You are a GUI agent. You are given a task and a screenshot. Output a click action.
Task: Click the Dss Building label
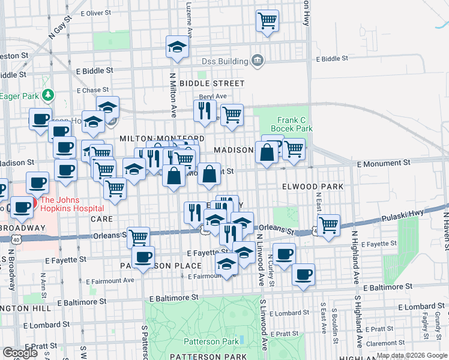tap(224, 61)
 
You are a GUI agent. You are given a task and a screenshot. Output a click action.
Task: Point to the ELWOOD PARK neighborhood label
tap(313, 187)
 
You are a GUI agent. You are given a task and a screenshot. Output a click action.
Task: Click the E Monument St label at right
tap(383, 163)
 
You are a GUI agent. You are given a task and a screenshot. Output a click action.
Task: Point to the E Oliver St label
tap(91, 13)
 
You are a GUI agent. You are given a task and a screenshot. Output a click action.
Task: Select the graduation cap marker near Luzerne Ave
tap(178, 47)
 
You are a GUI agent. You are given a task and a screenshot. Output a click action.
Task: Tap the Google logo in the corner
tap(20, 353)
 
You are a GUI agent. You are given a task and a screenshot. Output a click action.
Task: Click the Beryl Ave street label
tap(212, 96)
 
